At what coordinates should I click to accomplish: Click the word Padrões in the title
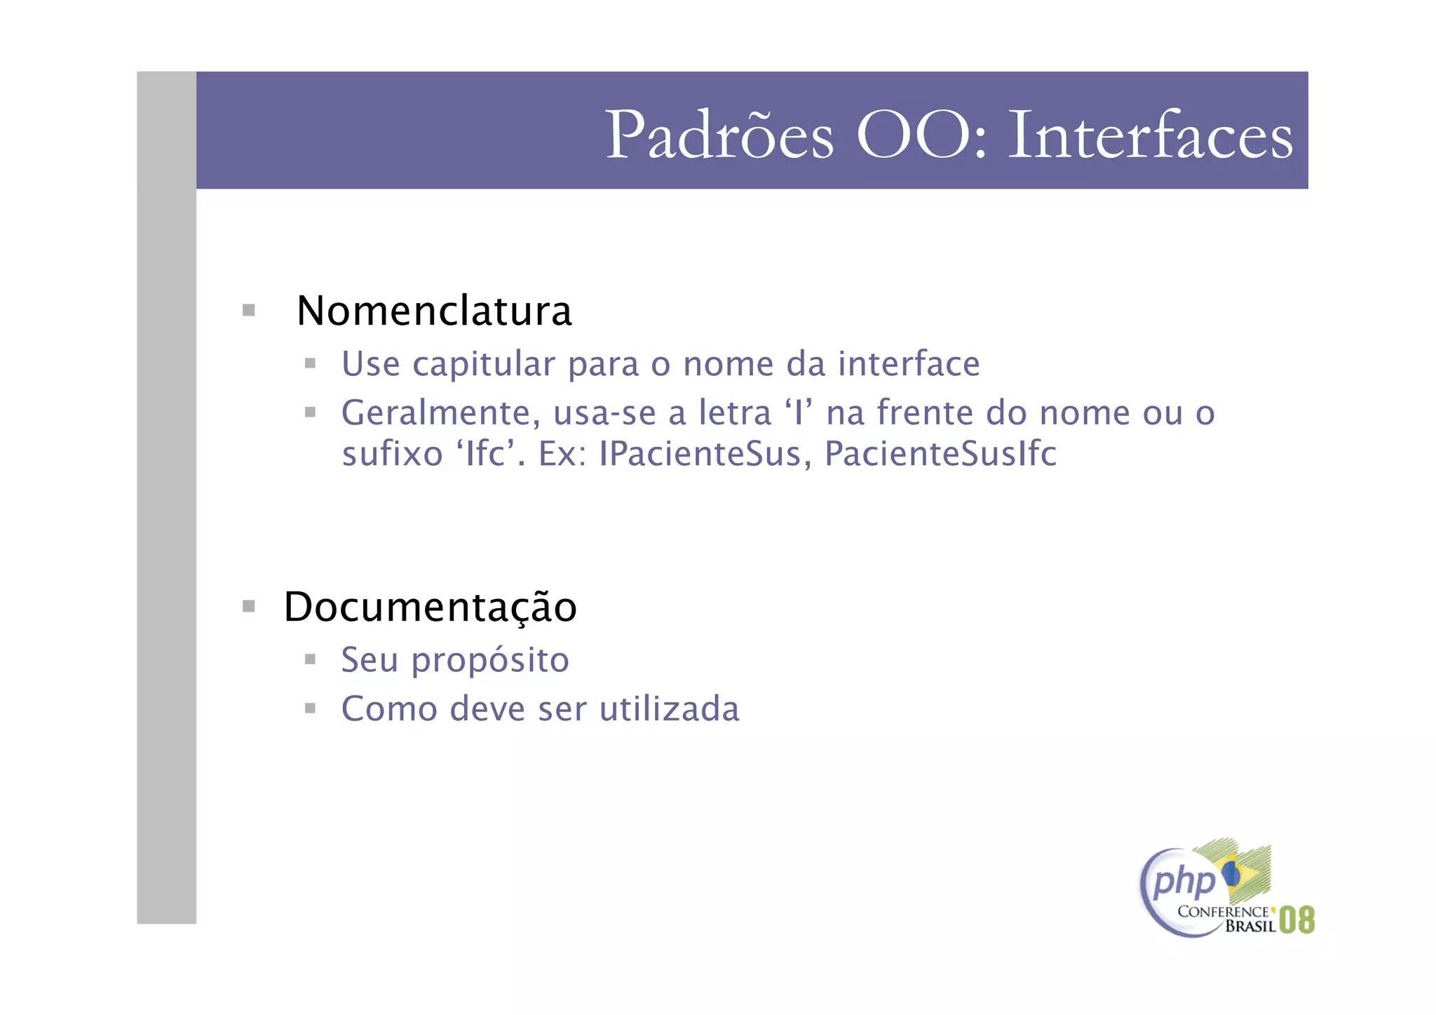tap(719, 135)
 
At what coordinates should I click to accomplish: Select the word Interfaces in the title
tap(1150, 135)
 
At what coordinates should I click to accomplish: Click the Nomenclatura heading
tap(434, 311)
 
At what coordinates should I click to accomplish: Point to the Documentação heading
tap(430, 607)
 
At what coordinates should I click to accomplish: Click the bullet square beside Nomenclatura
tap(248, 310)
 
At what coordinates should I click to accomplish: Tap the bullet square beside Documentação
tap(248, 606)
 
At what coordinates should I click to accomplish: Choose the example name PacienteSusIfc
tap(940, 454)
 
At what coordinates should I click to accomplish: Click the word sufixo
tap(393, 454)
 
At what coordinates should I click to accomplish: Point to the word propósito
tap(490, 661)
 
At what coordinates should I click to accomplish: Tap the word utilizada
tap(670, 709)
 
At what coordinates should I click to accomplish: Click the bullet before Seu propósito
tap(310, 659)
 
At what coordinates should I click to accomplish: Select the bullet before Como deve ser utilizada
tap(310, 708)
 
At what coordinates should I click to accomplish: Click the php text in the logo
tap(1184, 882)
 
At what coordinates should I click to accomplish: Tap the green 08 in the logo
tap(1296, 920)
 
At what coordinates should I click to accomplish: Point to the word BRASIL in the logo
tap(1250, 927)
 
